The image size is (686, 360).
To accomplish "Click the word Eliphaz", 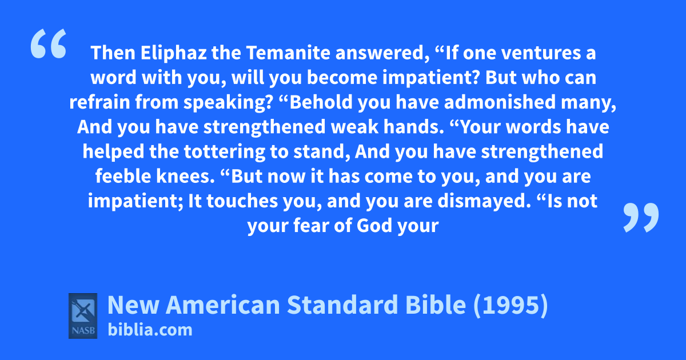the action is click(x=174, y=53).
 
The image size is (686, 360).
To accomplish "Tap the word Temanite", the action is click(x=288, y=53).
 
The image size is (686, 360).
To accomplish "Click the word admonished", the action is click(x=500, y=102).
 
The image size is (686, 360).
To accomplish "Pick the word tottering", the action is click(x=224, y=152).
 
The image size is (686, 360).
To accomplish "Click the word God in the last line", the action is click(x=374, y=226).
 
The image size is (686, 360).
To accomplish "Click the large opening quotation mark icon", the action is click(x=49, y=43).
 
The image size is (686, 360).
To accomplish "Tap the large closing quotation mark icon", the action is click(x=641, y=217).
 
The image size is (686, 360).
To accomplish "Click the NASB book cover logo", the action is click(x=83, y=316).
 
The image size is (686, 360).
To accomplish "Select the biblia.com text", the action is click(x=150, y=330).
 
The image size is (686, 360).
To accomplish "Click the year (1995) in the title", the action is click(x=510, y=305).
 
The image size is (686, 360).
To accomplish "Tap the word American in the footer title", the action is click(x=223, y=305).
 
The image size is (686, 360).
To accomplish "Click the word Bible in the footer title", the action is click(x=436, y=305).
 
